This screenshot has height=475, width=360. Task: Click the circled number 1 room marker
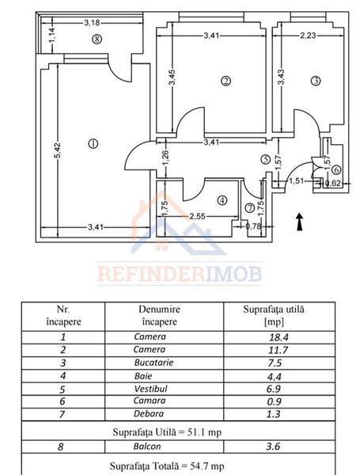click(x=93, y=143)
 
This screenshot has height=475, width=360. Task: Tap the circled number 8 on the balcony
click(x=97, y=39)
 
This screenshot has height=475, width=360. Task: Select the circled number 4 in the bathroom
click(x=222, y=200)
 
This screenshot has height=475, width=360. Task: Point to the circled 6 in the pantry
click(x=337, y=170)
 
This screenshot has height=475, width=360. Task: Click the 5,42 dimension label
click(x=58, y=150)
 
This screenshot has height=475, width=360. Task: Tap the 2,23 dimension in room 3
click(x=308, y=36)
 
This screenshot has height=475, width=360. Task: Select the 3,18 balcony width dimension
click(x=92, y=22)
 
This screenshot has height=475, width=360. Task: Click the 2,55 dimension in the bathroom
click(x=198, y=216)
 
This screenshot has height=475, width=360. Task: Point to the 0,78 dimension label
click(x=253, y=226)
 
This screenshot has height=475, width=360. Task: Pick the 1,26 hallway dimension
click(x=165, y=158)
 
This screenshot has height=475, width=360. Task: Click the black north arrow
click(x=299, y=222)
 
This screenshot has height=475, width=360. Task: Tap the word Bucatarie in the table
click(x=153, y=363)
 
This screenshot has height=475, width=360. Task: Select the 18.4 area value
click(x=279, y=337)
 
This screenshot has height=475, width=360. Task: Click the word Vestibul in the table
click(x=150, y=389)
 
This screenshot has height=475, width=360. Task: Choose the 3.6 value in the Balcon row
click(x=273, y=446)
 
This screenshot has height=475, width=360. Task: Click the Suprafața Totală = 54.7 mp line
click(x=167, y=465)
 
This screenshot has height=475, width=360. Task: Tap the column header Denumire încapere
click(x=159, y=315)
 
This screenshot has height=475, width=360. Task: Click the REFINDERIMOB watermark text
click(x=180, y=274)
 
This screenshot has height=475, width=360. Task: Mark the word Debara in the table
click(x=149, y=413)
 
